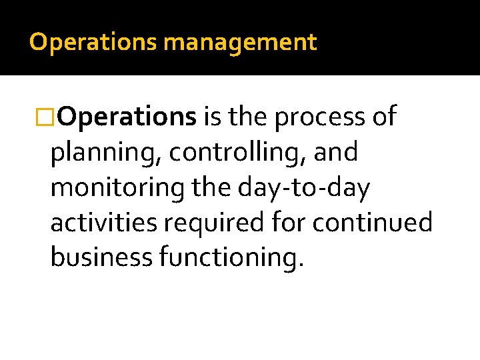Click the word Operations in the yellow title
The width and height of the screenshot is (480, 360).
tap(93, 43)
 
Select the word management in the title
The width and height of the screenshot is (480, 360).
tap(240, 43)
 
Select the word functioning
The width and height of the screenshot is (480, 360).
tap(231, 257)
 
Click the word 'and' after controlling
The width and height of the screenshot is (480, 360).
tap(336, 153)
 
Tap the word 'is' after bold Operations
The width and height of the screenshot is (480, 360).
tap(212, 117)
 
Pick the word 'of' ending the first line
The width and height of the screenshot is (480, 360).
tap(385, 117)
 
